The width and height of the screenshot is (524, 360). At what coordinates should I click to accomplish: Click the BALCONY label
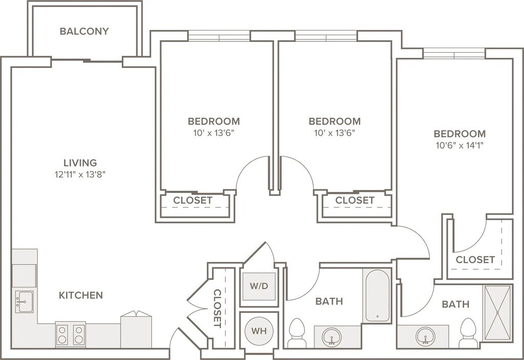[x=84, y=31]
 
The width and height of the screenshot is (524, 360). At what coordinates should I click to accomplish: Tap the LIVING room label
[x=80, y=163]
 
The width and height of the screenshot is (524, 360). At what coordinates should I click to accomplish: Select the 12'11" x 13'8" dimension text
[x=80, y=174]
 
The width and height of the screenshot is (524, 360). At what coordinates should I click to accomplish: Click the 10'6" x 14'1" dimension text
[x=460, y=145]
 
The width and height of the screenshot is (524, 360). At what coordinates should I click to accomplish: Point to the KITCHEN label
[x=81, y=295]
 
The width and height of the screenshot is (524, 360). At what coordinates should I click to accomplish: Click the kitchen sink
[x=24, y=302]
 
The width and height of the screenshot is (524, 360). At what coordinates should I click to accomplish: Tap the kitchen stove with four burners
[x=71, y=334]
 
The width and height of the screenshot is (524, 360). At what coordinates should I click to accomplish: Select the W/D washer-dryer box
[x=259, y=286]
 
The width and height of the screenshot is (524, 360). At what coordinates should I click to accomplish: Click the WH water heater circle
[x=259, y=331]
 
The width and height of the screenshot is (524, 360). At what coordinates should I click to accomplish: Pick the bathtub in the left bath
[x=378, y=296]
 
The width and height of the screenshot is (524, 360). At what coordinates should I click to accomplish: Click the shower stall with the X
[x=497, y=313]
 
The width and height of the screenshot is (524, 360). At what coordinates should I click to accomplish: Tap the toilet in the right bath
[x=468, y=333]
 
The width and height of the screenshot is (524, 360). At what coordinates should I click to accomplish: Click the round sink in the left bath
[x=332, y=336]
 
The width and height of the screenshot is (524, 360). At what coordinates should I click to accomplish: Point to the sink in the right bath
[x=426, y=336]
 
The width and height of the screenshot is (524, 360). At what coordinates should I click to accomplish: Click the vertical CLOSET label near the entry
[x=217, y=308]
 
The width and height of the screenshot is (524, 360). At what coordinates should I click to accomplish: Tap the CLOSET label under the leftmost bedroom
[x=193, y=200]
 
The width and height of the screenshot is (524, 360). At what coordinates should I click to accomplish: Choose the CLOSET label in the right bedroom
[x=475, y=259]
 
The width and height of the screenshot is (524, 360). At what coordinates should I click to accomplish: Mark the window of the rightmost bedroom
[x=454, y=53]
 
